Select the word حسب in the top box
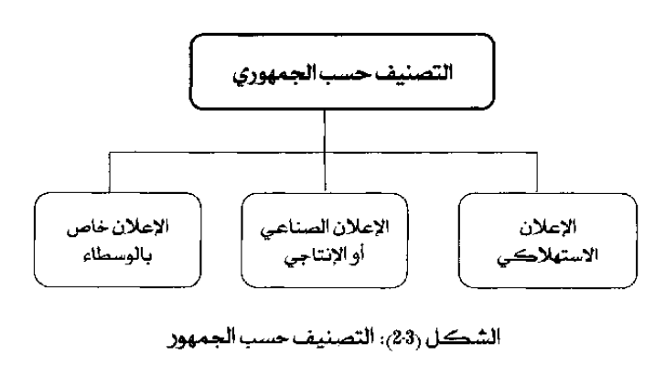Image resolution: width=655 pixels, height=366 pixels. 360,73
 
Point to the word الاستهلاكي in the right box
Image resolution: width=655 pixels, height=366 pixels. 548,255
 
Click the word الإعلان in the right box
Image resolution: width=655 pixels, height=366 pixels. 548,227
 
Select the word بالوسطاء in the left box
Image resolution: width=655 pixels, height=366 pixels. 118,254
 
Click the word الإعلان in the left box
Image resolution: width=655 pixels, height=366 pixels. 140,227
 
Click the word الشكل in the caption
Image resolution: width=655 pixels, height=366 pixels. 463,338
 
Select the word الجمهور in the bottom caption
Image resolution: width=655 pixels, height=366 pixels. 201,339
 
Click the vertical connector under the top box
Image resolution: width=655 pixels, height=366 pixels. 325,151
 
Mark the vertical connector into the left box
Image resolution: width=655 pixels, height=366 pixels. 110,172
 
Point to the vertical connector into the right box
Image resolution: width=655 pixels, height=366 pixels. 537,172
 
